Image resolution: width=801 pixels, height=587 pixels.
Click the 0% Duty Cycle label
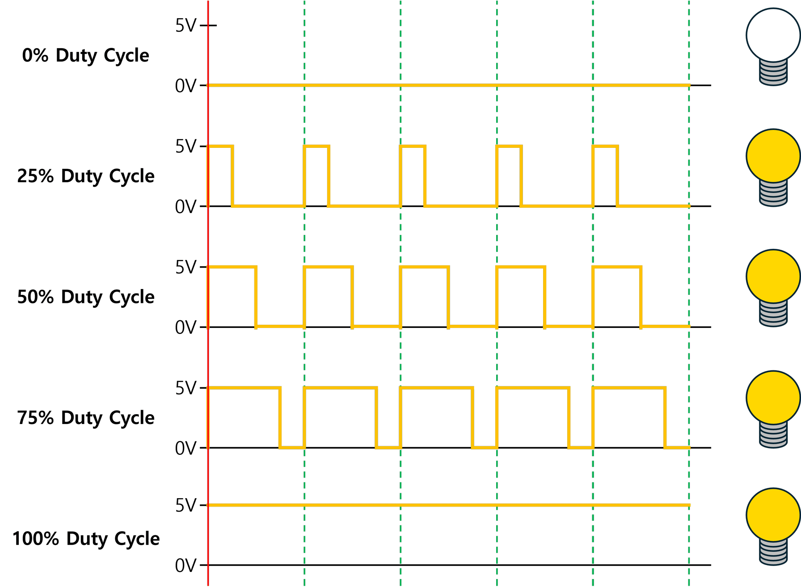click(85, 55)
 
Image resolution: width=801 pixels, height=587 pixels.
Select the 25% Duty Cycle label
click(85, 176)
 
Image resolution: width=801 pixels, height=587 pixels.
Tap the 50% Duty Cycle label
click(85, 297)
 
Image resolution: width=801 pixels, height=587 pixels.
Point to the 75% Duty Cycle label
click(85, 418)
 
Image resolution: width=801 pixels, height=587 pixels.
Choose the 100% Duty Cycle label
click(85, 539)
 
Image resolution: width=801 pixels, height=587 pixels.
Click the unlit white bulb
click(773, 35)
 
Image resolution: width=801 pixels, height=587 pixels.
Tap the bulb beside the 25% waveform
click(773, 155)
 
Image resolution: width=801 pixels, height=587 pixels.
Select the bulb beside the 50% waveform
click(773, 276)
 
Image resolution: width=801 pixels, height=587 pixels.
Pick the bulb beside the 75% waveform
click(773, 397)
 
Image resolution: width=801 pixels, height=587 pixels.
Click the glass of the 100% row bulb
click(773, 515)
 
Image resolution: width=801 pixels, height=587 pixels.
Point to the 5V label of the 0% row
click(185, 26)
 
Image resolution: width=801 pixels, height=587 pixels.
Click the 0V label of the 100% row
click(185, 566)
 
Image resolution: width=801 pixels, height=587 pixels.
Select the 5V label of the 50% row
click(185, 268)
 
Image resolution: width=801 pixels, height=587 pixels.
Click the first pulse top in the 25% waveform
click(220, 146)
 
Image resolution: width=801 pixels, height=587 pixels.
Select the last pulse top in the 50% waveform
click(617, 267)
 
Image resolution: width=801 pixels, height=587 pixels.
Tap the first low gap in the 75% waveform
click(292, 447)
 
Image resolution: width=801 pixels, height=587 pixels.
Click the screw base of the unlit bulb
click(773, 72)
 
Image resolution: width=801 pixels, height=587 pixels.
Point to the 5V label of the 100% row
click(185, 506)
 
